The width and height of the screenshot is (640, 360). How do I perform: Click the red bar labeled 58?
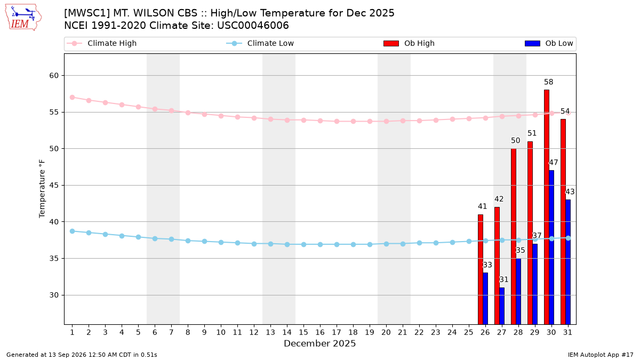(x=546, y=207)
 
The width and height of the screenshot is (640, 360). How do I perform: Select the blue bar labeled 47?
(x=551, y=247)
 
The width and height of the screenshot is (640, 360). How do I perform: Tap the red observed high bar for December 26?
(x=481, y=269)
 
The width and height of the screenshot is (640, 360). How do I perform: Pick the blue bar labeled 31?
(x=502, y=306)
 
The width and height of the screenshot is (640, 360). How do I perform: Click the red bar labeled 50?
(x=514, y=236)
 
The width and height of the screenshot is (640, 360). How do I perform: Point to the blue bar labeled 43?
(x=568, y=262)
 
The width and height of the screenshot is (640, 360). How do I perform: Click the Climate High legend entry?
(x=102, y=43)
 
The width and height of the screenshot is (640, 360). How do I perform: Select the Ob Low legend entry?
(x=549, y=43)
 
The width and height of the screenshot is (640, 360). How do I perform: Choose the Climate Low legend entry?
(x=260, y=43)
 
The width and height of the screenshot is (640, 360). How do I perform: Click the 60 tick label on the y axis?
(x=54, y=75)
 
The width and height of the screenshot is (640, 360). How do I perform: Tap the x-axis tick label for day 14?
(x=287, y=332)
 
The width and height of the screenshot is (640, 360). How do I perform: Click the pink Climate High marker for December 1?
(x=73, y=98)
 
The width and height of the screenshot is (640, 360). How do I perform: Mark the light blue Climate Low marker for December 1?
(x=73, y=231)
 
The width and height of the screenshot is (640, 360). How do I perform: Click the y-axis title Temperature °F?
(x=42, y=189)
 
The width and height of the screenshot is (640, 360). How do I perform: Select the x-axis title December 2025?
(x=319, y=343)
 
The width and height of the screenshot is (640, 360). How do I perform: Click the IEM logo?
(x=23, y=18)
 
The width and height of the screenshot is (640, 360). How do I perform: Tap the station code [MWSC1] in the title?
(x=87, y=13)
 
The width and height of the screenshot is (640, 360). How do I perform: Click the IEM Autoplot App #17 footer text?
(x=601, y=355)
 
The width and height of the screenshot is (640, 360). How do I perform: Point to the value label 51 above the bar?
(x=532, y=133)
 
